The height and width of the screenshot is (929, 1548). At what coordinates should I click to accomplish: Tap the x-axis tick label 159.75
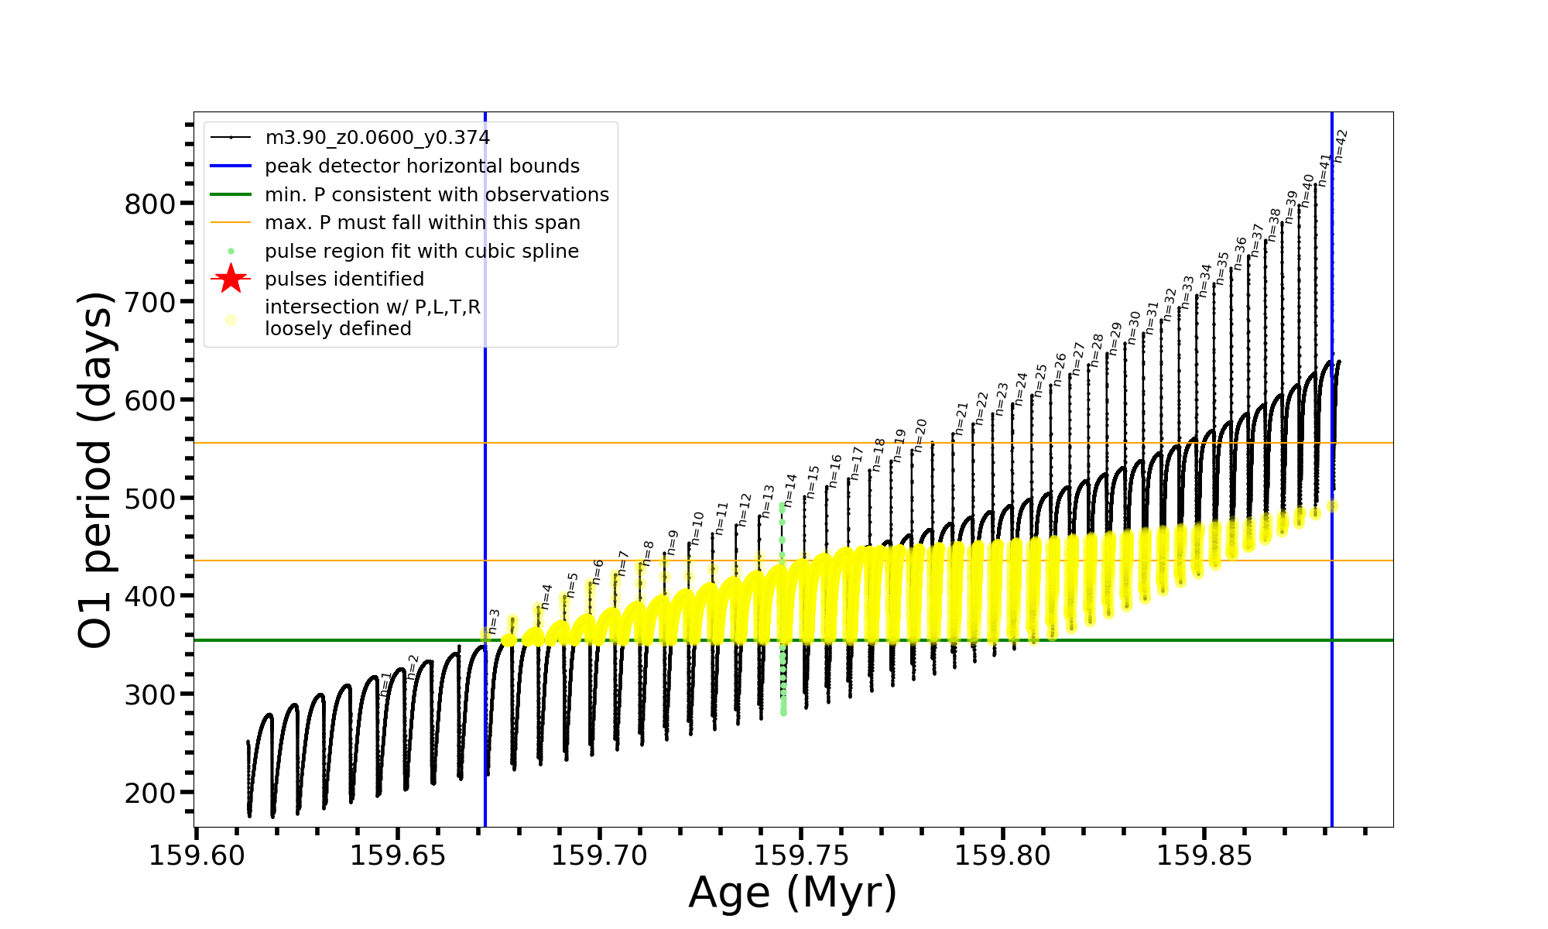click(x=801, y=856)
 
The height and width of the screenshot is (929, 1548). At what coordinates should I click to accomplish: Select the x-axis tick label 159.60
click(x=197, y=856)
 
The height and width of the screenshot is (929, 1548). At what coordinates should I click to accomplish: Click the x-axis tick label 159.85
click(x=1204, y=856)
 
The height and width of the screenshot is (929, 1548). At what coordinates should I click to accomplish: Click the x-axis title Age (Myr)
click(x=793, y=893)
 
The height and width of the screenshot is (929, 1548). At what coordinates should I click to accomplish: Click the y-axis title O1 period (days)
click(x=96, y=469)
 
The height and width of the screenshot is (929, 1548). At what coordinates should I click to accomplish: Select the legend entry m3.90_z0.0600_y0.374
click(x=377, y=138)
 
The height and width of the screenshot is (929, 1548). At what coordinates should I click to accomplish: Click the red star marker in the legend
click(x=231, y=279)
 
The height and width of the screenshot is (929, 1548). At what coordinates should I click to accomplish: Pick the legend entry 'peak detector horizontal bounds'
click(x=422, y=166)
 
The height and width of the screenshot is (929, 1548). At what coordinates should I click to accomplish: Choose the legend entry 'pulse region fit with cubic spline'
click(x=421, y=252)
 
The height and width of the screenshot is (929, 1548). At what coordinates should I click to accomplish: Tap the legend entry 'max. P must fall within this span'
click(x=422, y=223)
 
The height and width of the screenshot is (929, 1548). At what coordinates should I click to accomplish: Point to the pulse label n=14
click(x=790, y=490)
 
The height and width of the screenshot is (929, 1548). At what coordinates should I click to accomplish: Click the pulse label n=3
click(x=494, y=622)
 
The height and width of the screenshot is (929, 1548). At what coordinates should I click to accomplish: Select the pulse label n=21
click(x=962, y=419)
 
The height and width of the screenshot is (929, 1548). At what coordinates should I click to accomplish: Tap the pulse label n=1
click(x=386, y=684)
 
